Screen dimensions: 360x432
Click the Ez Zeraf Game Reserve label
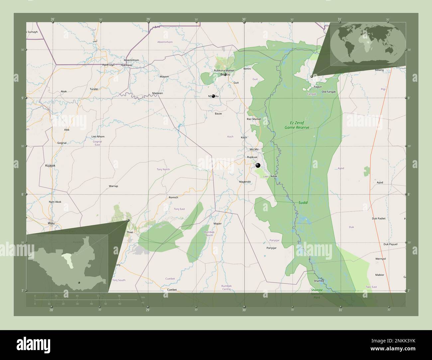click(297, 125)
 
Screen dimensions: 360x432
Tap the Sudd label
click(303, 202)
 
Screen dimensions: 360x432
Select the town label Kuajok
click(50, 165)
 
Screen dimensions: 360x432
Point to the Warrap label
click(113, 186)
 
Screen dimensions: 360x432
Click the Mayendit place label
click(245, 182)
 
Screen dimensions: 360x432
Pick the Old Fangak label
click(329, 92)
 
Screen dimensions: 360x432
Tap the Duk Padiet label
click(379, 219)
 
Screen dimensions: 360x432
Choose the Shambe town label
click(319, 281)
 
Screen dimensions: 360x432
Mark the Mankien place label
click(158, 93)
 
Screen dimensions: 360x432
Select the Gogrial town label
click(62, 143)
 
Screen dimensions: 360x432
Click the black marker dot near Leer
click(258, 165)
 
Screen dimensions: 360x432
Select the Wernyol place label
click(380, 259)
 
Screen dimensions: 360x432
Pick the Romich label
click(173, 197)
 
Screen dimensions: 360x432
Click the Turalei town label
click(94, 89)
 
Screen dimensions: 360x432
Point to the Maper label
click(218, 224)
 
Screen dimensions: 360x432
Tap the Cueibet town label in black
click(172, 290)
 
